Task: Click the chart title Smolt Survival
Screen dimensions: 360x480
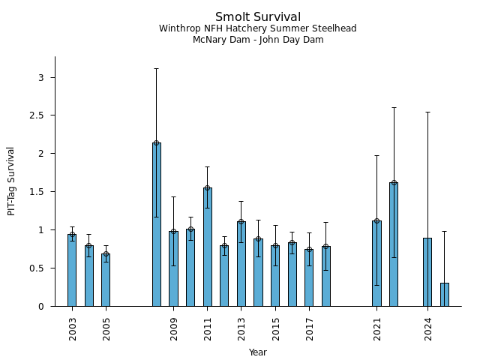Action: tap(257, 17)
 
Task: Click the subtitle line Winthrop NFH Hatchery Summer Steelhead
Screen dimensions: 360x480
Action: tap(257, 28)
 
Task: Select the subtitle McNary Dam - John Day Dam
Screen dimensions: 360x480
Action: tap(257, 40)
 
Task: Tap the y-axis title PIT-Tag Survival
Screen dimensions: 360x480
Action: tap(11, 181)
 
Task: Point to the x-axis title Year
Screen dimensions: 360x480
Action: tap(257, 352)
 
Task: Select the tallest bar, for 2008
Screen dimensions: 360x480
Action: tap(156, 225)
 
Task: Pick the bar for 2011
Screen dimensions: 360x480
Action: tap(207, 247)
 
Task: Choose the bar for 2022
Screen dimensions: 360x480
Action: tap(393, 244)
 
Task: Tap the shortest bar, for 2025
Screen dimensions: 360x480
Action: tap(444, 295)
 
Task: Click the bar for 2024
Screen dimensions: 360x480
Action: tap(427, 272)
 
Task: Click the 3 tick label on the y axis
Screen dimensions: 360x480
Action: tap(42, 77)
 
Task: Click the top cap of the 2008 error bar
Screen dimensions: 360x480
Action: tap(156, 68)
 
